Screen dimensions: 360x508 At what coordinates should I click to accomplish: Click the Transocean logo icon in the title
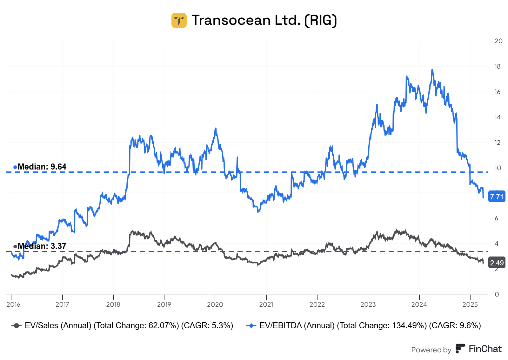coord(179,20)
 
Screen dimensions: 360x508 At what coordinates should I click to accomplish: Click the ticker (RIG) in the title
coord(320,20)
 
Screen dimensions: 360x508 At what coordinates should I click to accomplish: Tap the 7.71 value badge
coord(497,197)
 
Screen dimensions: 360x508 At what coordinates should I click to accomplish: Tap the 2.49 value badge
coord(497,263)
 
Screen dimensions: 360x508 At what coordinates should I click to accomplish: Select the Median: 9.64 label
coord(42,167)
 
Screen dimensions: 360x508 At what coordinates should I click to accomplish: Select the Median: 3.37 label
coord(42,246)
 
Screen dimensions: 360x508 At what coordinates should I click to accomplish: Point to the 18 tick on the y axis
coord(498,66)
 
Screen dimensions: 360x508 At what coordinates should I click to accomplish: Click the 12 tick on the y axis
coord(498,143)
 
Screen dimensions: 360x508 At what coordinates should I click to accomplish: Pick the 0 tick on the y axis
coord(497,294)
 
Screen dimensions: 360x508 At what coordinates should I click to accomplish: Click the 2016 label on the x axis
coord(13,304)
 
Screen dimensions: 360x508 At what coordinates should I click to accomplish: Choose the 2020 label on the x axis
coord(215,304)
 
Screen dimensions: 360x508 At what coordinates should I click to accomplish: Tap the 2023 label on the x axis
coord(368,304)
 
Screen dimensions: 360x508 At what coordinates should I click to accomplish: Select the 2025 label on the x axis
coord(470,304)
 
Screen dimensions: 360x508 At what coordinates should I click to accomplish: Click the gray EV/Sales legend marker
coord(16,326)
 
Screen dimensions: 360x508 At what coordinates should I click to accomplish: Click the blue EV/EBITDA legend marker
coord(251,326)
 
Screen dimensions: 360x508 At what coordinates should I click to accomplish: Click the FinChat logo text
coord(485,349)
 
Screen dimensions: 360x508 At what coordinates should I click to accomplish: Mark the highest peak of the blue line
coord(432,70)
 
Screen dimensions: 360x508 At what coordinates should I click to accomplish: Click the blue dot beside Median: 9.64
coord(15,167)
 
